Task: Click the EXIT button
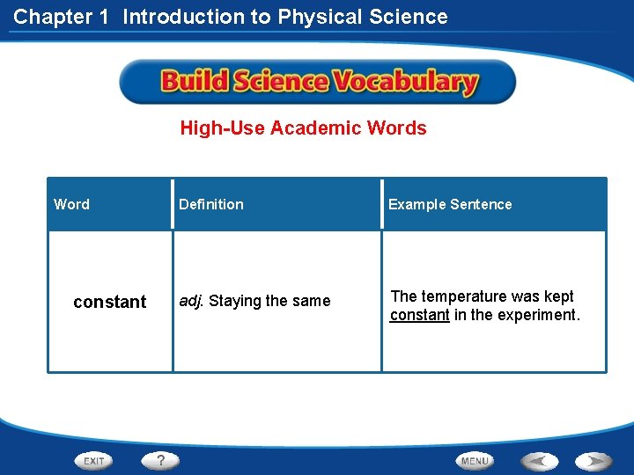click(94, 460)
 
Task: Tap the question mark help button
click(160, 460)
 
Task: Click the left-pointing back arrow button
click(539, 460)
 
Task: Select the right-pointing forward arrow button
click(593, 460)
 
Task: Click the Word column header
click(71, 204)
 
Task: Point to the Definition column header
click(211, 204)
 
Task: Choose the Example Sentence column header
click(450, 204)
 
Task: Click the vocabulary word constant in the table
click(110, 302)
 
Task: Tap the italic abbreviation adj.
click(191, 301)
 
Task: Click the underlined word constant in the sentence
click(420, 315)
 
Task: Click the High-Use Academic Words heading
click(303, 128)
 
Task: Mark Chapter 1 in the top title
click(63, 17)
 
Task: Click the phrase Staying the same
click(269, 301)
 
